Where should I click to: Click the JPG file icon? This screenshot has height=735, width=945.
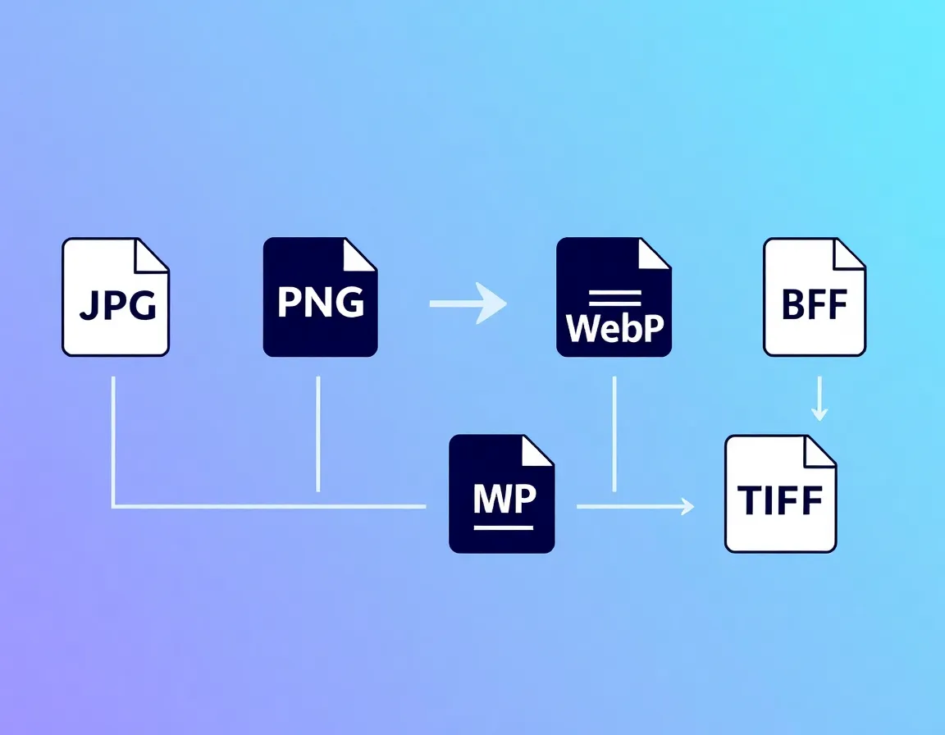click(116, 297)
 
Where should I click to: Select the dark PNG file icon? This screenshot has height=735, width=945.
click(320, 297)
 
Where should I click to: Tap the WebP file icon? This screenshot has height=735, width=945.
click(614, 297)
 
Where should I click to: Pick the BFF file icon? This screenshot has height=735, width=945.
click(815, 297)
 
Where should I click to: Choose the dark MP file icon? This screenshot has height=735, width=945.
click(502, 494)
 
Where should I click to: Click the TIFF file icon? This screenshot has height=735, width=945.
click(780, 494)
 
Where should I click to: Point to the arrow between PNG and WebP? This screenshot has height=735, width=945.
click(468, 304)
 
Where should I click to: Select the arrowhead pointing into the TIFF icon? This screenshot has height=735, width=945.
click(687, 507)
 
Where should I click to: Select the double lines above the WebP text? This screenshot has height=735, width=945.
click(614, 296)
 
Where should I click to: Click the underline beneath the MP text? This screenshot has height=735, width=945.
click(504, 526)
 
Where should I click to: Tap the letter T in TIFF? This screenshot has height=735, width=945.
click(750, 500)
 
